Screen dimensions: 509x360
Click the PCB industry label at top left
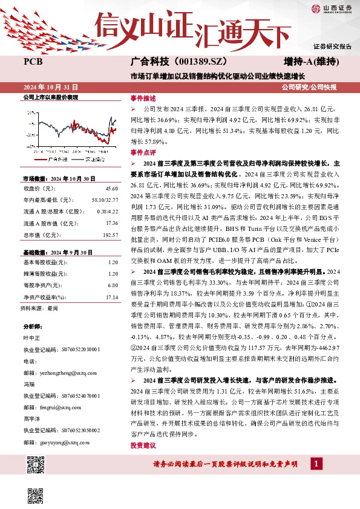33,62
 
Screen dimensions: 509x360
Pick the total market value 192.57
109,233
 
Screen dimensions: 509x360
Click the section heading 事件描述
143,98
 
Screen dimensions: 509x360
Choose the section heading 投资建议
143,445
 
